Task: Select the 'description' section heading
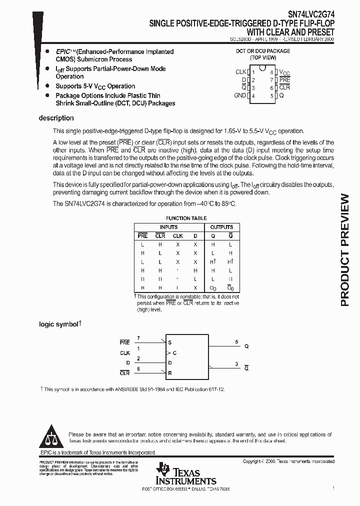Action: (x=56, y=118)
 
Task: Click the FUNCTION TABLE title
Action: (x=186, y=218)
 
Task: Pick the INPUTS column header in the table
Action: (x=168, y=227)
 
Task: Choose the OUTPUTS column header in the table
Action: (x=221, y=227)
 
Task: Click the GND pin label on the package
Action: (x=240, y=95)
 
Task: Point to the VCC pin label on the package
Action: (x=284, y=72)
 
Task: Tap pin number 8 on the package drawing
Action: (x=271, y=72)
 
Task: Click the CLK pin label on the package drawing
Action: (x=241, y=72)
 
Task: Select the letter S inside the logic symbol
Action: (x=170, y=343)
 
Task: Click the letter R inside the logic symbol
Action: (x=170, y=373)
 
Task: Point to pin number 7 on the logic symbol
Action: (x=138, y=338)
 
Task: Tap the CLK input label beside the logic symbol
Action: (x=125, y=353)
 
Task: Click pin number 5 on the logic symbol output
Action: (x=236, y=342)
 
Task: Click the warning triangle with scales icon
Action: (x=52, y=436)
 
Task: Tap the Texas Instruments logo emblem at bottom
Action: (x=163, y=470)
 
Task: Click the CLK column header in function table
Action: (x=177, y=236)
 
